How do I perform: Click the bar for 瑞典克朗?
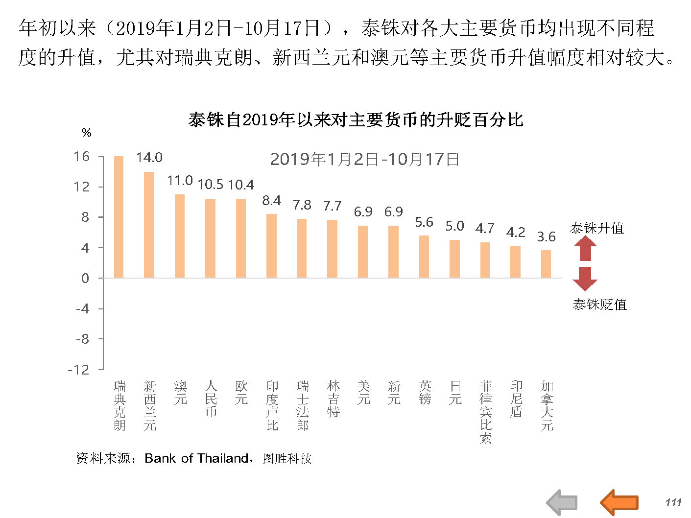pos(119,217)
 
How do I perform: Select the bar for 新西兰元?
pos(149,225)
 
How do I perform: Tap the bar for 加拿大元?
pos(546,264)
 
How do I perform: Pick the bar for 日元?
pos(454,259)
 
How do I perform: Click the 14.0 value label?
pos(149,158)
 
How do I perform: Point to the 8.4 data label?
pos(271,200)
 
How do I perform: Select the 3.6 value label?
pos(546,237)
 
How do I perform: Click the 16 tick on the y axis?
pos(82,157)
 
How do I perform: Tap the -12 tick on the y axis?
pos(79,370)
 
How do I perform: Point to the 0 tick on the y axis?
pos(86,278)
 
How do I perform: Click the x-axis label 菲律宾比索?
pos(485,412)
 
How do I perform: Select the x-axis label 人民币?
pos(211,399)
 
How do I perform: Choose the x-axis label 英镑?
pos(425,393)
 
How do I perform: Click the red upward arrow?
pos(585,248)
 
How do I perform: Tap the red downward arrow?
pos(585,278)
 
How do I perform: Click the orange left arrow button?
pos(619,502)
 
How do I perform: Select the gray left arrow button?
pos(562,502)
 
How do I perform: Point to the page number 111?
pos(673,502)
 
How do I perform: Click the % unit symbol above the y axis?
pos(87,133)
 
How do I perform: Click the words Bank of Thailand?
pos(196,458)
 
